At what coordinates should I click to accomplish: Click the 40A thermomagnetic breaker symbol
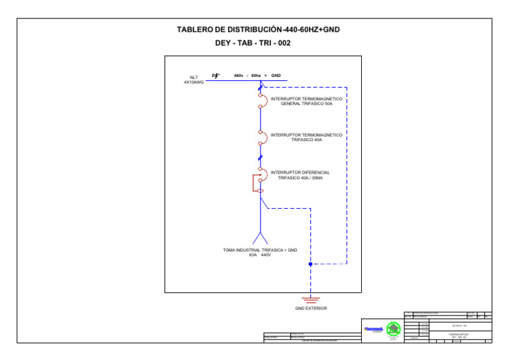point(262,137)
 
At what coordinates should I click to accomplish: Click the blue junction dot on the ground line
point(310,264)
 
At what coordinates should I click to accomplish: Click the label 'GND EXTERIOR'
point(310,308)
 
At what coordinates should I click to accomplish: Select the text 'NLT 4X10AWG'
point(194,80)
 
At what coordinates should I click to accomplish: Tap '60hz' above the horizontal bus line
point(256,76)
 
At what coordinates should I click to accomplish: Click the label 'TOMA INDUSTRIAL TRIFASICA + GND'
point(260,250)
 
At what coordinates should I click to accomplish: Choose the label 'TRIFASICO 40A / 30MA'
point(300,178)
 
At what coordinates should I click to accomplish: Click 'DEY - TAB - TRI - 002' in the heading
point(253,43)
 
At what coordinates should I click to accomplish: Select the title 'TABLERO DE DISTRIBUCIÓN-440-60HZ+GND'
point(258,30)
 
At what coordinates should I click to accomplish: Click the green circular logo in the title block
point(394,328)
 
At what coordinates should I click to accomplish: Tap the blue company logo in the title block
point(374,328)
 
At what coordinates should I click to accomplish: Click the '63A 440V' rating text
point(260,255)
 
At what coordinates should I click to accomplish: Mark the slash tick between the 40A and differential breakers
point(260,157)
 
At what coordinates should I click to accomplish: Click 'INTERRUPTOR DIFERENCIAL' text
point(300,172)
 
